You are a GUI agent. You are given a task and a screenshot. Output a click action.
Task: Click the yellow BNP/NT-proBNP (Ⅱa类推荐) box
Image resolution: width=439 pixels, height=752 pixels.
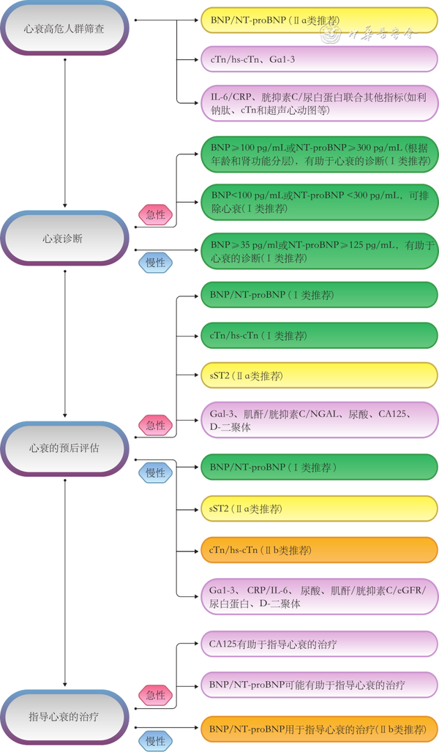pos(319,20)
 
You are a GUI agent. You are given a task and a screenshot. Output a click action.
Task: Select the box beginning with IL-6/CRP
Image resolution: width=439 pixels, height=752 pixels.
pos(319,103)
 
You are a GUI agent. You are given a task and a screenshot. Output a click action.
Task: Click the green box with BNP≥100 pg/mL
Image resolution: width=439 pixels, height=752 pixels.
pos(319,154)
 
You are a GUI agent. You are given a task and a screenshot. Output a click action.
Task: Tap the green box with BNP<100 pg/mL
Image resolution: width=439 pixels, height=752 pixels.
pos(319,202)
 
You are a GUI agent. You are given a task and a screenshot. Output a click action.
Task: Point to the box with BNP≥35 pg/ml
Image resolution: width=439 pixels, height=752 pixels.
pos(319,252)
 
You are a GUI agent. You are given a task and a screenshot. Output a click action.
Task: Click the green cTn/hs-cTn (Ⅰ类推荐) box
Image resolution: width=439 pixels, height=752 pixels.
pos(319,336)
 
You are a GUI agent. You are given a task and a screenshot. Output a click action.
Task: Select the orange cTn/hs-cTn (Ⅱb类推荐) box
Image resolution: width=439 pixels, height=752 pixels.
pos(319,550)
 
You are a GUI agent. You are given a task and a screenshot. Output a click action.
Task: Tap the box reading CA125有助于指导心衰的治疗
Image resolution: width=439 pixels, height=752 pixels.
pos(319,644)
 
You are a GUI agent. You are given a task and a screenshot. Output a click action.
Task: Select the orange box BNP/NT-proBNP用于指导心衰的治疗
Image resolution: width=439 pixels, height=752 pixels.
pos(319,729)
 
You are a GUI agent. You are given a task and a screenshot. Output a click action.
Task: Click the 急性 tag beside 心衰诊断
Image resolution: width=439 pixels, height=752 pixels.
pos(155,215)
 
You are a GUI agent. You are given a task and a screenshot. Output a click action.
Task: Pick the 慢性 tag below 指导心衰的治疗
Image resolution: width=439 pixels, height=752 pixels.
pos(155,740)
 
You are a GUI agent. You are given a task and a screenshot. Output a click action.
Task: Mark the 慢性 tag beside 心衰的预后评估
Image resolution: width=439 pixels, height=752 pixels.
pos(155,473)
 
